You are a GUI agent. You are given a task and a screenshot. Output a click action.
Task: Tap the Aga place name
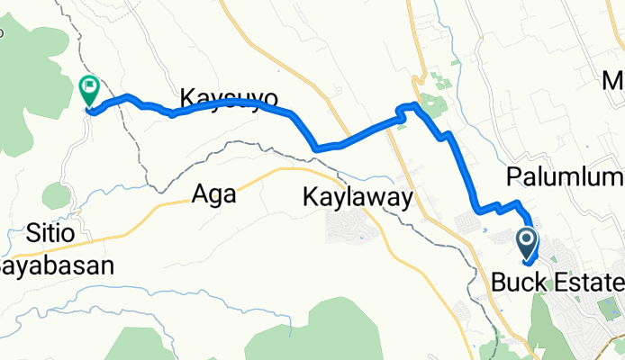click(x=213, y=193)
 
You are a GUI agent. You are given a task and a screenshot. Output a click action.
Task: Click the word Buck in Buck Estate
click(x=521, y=283)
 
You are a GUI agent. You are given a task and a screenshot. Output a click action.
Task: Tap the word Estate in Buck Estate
click(x=588, y=283)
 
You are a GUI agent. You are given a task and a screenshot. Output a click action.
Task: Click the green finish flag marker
click(x=90, y=88)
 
